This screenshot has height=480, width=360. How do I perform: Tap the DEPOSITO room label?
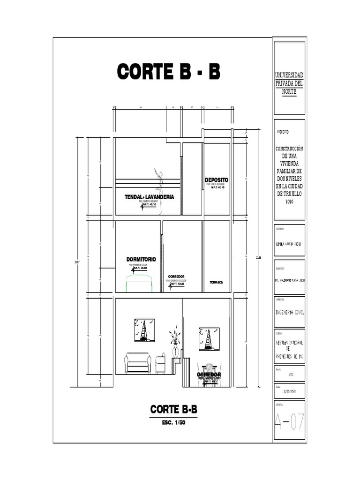coord(216,180)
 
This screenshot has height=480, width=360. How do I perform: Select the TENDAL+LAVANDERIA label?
coord(149,197)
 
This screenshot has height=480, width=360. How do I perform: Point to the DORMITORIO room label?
coord(141,259)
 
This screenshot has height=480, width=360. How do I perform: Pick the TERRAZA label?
coord(216,282)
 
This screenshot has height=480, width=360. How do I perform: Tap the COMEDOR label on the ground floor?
coord(209,375)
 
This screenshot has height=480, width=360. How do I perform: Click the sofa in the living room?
coord(137,363)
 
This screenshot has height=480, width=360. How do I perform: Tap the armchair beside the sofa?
coord(160,363)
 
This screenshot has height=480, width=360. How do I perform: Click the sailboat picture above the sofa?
coord(144,330)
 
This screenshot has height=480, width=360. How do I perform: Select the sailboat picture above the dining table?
coord(209,339)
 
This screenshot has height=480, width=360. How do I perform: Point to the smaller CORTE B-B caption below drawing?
coord(173,410)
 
